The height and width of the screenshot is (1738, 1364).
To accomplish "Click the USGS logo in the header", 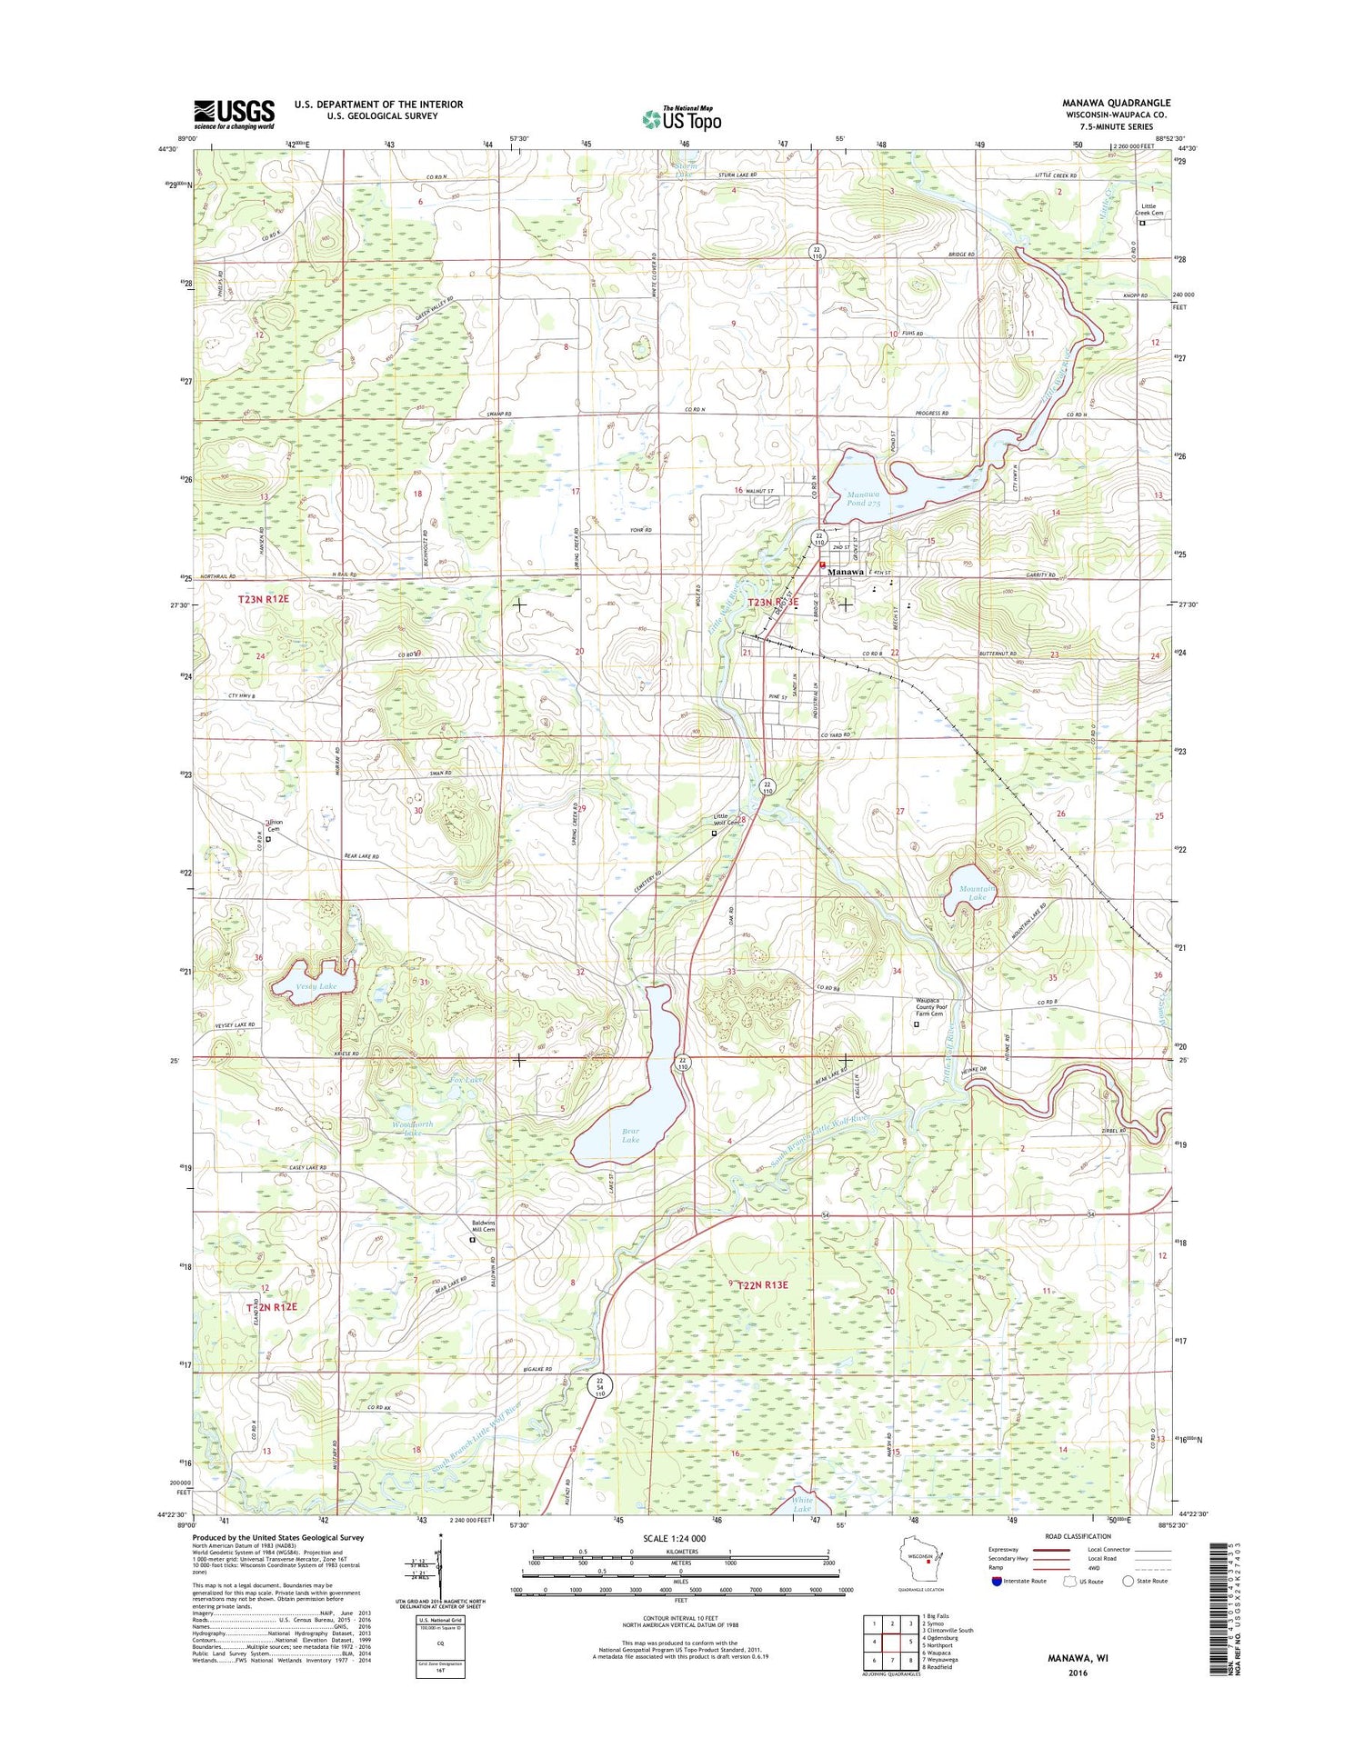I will [x=234, y=115].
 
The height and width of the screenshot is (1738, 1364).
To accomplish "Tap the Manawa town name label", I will [x=844, y=572].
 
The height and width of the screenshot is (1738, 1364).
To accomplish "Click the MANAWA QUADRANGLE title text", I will [x=1116, y=104].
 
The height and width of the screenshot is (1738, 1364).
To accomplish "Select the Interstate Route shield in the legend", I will [x=997, y=1581].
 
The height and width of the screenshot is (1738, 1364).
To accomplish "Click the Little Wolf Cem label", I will [x=727, y=821].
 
